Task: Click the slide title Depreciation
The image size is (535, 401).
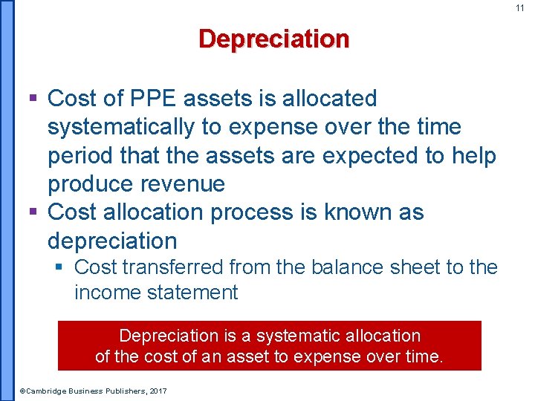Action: [273, 39]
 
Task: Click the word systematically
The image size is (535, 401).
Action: [121, 127]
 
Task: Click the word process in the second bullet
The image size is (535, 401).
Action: [265, 212]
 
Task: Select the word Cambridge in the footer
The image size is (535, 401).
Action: [46, 391]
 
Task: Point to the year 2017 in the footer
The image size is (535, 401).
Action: [158, 391]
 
